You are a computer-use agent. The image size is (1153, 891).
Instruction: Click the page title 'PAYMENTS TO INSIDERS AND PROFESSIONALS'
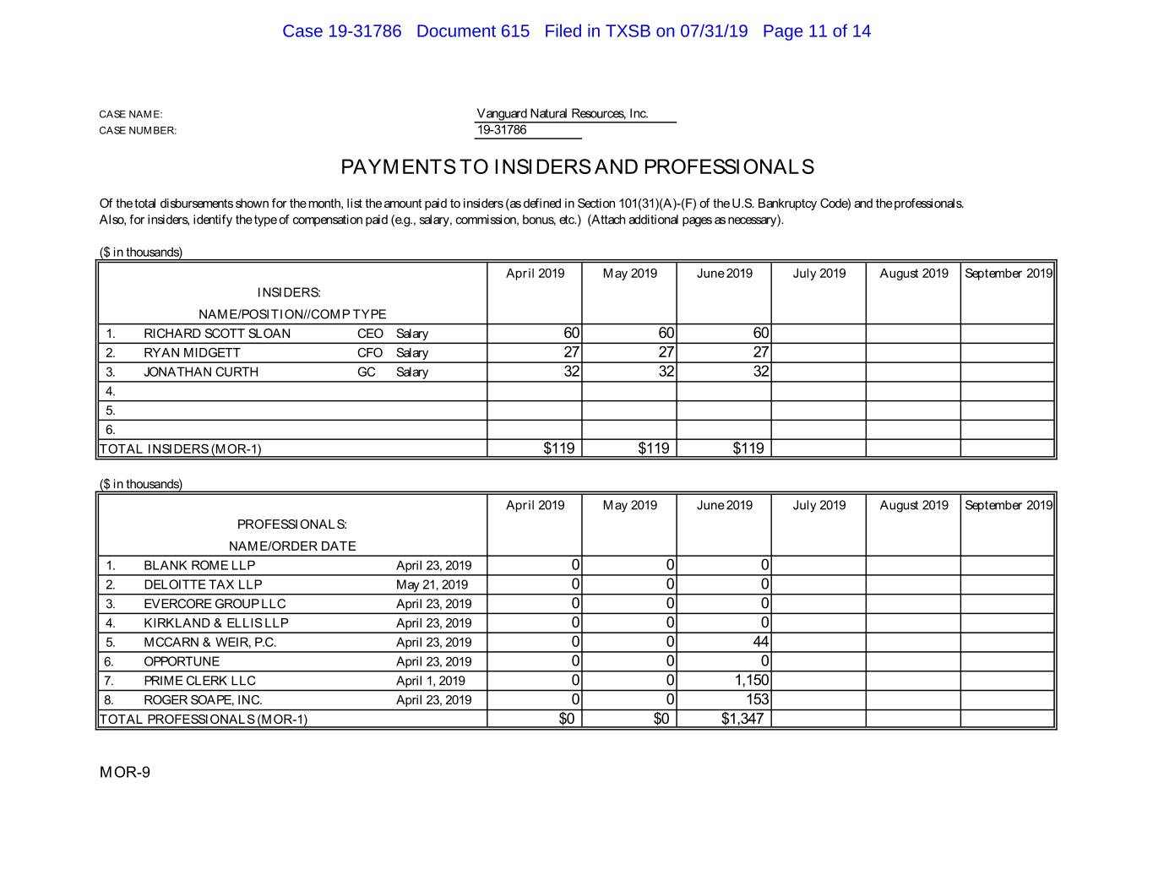[x=577, y=167]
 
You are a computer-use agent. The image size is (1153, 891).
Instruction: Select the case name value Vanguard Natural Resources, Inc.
[x=563, y=114]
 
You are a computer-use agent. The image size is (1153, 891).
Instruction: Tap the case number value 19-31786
[x=502, y=130]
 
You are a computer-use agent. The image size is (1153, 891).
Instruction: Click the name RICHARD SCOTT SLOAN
[x=217, y=334]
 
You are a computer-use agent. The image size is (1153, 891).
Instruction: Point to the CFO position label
[x=370, y=353]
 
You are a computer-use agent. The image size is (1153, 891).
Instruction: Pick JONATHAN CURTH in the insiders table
[x=201, y=372]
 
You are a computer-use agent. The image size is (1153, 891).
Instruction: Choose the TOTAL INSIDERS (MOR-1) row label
[x=180, y=449]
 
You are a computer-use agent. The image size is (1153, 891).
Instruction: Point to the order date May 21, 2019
[x=432, y=585]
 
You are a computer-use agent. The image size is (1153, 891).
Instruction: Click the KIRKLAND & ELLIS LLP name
[x=216, y=623]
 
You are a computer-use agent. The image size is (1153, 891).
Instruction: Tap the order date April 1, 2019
[x=430, y=681]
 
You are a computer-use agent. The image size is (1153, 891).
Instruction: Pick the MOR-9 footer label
[x=125, y=773]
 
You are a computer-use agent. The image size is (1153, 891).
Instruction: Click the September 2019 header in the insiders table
[x=1009, y=274]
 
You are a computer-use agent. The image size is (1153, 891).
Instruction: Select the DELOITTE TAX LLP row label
[x=203, y=585]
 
